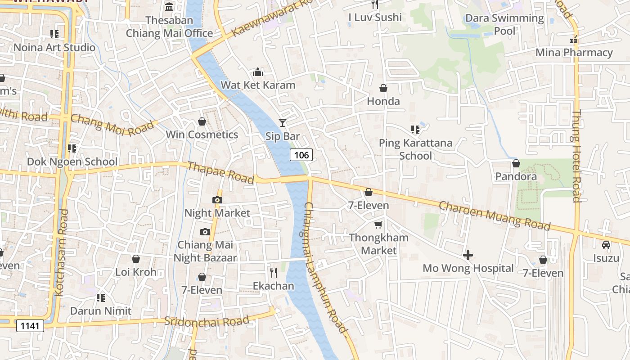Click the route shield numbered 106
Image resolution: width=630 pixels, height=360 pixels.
(x=301, y=155)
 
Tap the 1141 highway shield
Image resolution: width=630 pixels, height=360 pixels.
(x=30, y=326)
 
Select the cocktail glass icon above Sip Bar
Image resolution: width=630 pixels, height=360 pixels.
(x=282, y=122)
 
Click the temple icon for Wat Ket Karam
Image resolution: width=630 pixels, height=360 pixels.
(x=258, y=72)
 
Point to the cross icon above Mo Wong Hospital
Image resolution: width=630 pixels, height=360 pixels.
(x=468, y=255)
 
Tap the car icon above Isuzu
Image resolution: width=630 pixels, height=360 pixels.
(x=606, y=245)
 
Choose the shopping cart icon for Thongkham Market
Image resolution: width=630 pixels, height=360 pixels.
(x=378, y=224)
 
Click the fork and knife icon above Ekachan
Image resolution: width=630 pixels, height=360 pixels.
(x=273, y=272)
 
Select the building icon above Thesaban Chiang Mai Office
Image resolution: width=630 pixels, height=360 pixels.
(x=169, y=7)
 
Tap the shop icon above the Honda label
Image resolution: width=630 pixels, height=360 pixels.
(x=383, y=88)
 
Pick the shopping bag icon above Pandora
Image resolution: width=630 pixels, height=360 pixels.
(x=516, y=163)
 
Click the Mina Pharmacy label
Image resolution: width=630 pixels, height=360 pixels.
(x=574, y=53)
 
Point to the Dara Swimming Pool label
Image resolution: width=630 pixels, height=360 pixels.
(x=504, y=24)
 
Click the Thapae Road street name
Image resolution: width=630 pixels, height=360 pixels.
(x=220, y=173)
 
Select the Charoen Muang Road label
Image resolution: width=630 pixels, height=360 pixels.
(x=494, y=216)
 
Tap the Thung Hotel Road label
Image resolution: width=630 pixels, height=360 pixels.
(x=576, y=156)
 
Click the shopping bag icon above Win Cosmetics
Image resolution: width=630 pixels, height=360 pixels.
(x=202, y=121)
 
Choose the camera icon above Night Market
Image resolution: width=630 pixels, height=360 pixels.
(x=217, y=200)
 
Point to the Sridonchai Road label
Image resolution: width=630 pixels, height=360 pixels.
(x=207, y=321)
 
